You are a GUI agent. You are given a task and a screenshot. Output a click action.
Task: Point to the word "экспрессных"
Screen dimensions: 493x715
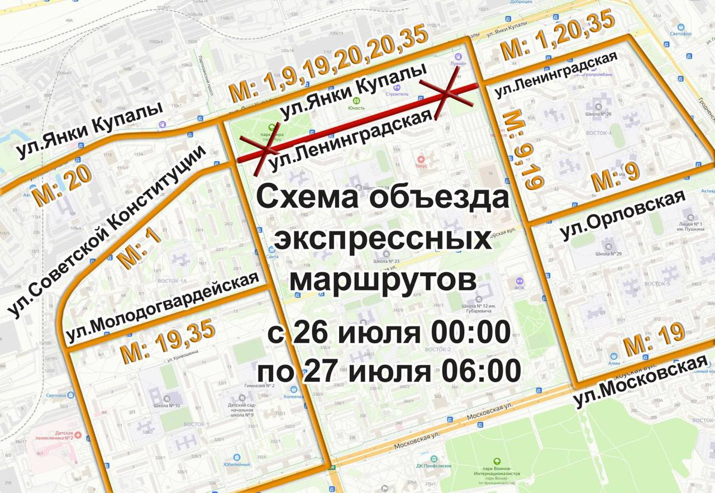[x=383, y=240]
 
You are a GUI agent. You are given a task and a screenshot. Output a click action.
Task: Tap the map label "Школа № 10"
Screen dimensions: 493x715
[x=165, y=405]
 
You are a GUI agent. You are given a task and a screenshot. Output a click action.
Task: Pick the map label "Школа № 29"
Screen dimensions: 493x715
[x=608, y=254]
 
